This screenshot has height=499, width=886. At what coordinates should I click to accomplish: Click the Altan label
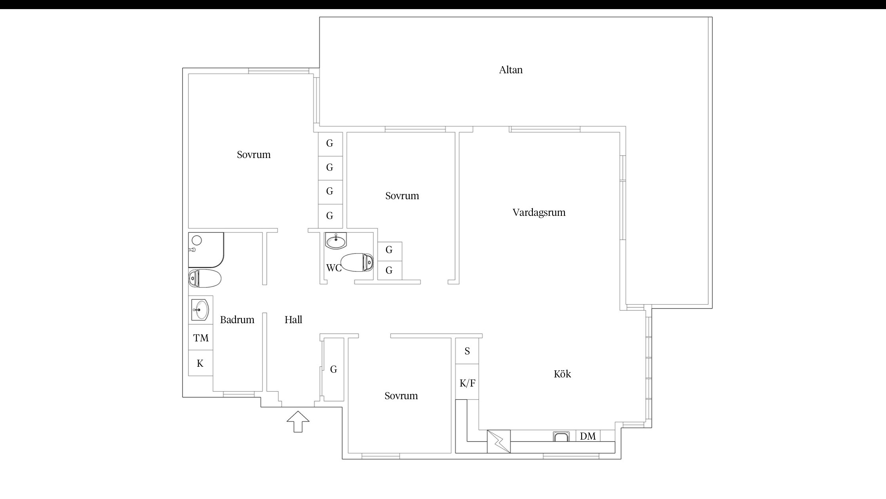click(511, 70)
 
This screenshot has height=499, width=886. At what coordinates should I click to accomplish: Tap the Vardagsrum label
click(539, 213)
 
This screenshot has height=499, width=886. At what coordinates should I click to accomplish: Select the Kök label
click(562, 374)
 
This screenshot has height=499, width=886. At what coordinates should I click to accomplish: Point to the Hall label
click(293, 320)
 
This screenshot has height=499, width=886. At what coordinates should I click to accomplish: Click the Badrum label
click(237, 320)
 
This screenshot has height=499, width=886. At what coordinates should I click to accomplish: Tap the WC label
click(334, 268)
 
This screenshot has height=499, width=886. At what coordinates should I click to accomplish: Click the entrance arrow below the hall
click(298, 421)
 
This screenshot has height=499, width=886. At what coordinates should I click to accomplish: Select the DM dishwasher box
click(588, 436)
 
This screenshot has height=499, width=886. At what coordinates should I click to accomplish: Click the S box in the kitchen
click(467, 351)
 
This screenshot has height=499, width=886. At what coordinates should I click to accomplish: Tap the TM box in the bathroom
click(201, 338)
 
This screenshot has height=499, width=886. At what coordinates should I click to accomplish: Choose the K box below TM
click(201, 363)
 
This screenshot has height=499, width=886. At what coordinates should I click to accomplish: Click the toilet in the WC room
click(357, 262)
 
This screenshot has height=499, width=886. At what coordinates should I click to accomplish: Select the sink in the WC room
click(336, 241)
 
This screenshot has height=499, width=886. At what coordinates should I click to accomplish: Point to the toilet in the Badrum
click(205, 278)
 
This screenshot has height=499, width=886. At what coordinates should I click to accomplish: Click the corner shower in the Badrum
click(206, 250)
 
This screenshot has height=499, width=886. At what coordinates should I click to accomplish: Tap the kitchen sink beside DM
click(561, 436)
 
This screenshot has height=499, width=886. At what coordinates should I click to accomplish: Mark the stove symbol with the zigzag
click(499, 441)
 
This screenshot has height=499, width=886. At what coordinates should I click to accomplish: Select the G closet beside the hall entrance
click(333, 369)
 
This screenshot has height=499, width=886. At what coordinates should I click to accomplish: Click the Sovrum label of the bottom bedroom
click(401, 396)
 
